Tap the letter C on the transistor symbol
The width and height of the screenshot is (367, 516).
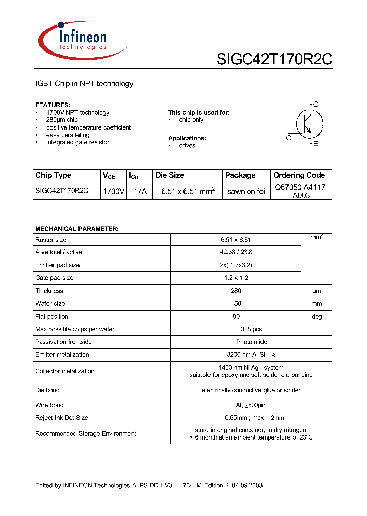coord(316,105)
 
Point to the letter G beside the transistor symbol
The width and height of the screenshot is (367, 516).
coord(289,138)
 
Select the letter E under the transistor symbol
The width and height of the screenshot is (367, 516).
coord(316,144)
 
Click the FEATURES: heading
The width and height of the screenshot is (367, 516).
coord(53,105)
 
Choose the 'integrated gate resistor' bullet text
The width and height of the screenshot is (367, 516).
coord(77,142)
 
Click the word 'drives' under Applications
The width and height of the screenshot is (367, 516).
coord(187,145)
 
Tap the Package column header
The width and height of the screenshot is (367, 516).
coord(240,175)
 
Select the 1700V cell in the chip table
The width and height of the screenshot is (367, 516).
coord(114,191)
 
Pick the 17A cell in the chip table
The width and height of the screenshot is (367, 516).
coord(140,191)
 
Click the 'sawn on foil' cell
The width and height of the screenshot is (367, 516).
coord(247,191)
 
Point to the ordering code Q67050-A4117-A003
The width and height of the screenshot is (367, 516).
coord(301,191)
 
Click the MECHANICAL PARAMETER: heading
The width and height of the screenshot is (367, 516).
coord(76,229)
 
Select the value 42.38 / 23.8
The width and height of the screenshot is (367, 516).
coord(236,252)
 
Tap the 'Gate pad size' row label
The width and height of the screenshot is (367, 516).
coord(54,278)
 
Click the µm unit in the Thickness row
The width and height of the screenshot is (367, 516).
coord(317,291)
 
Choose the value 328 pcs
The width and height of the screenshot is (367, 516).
coord(236,329)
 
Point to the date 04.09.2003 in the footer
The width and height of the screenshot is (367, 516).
coord(247,485)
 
